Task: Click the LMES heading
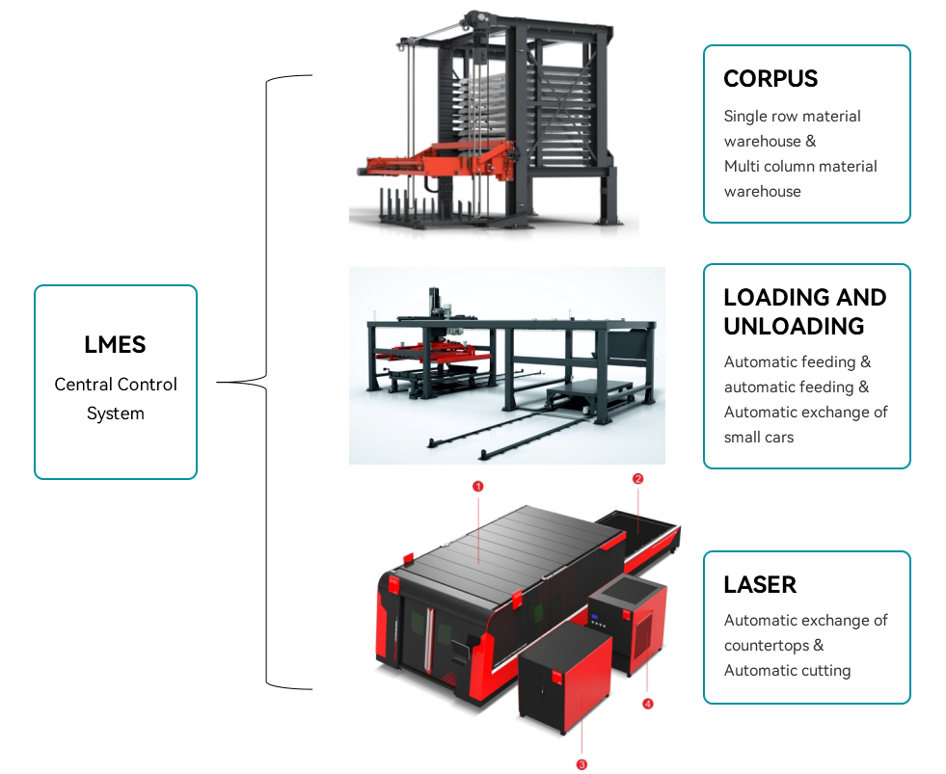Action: click(116, 345)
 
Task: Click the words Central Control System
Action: click(116, 398)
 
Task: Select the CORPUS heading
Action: click(770, 78)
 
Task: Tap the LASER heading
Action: click(760, 584)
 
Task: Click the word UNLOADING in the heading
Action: click(794, 326)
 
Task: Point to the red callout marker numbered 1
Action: click(477, 487)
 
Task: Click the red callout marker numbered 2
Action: click(637, 478)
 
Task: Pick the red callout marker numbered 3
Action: click(581, 764)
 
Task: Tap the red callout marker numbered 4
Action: click(647, 704)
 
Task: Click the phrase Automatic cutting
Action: click(787, 670)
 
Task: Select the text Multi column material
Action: click(800, 166)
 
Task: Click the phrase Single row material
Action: click(792, 116)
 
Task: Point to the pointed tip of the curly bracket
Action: click(220, 383)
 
